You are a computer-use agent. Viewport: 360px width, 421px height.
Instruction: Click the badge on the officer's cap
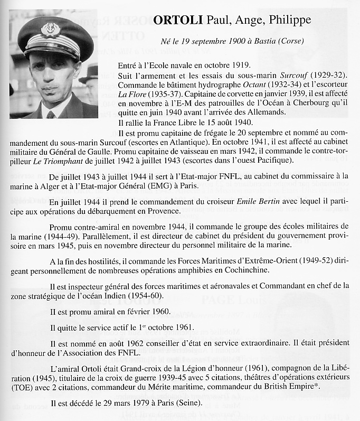click(51, 28)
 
